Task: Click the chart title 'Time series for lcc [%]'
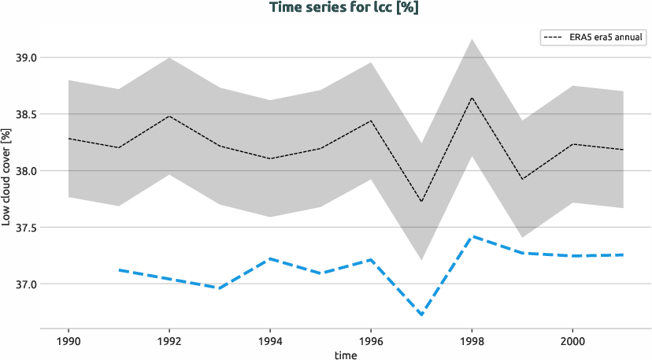click(x=326, y=9)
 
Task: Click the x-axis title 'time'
click(x=345, y=355)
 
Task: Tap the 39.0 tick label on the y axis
click(x=26, y=58)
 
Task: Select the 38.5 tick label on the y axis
click(x=26, y=114)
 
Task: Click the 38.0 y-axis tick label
click(x=26, y=171)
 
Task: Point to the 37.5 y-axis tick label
click(x=26, y=228)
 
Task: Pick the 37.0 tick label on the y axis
click(x=26, y=284)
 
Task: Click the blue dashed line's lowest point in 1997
click(x=421, y=315)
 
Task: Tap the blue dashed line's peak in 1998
click(x=472, y=236)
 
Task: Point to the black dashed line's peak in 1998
click(x=472, y=98)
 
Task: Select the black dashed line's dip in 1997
click(x=421, y=202)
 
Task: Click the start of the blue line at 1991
click(x=119, y=269)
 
